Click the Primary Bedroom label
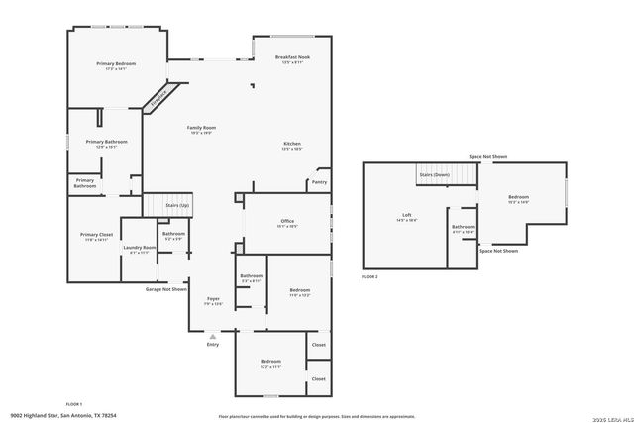116,65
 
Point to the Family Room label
202,129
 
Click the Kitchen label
292,146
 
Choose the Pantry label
319,182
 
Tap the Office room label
287,223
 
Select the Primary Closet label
95,237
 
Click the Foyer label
213,300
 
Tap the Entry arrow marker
212,337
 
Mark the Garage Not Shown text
166,289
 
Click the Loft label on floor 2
406,217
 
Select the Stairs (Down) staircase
434,174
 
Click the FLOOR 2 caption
370,276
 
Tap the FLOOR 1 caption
73,404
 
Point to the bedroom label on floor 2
518,199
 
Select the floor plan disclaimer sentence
317,416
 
